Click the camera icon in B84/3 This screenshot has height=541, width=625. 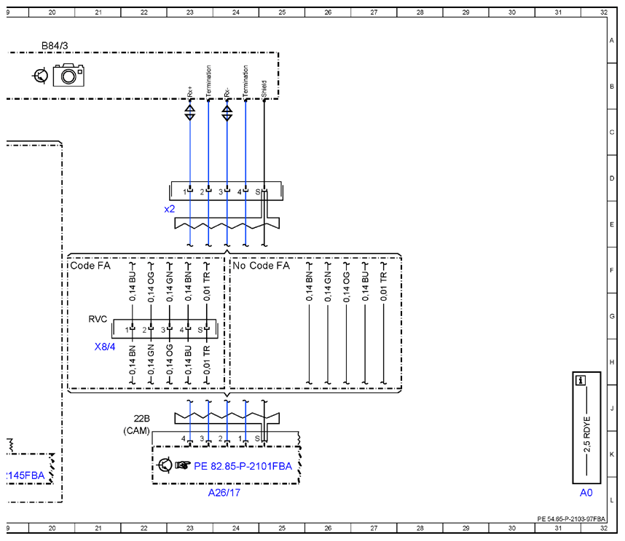68,74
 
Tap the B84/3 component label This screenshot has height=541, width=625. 55,46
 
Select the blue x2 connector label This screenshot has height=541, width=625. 170,209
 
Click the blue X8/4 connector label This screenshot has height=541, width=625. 105,347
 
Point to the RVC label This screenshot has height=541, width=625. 98,319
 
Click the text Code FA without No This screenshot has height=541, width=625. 90,266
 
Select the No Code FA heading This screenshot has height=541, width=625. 261,266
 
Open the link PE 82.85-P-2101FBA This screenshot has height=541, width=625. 243,466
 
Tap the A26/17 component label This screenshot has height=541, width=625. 224,493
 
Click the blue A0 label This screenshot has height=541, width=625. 586,493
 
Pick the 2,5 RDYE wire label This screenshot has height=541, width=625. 586,435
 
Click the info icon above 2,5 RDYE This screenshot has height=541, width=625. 581,381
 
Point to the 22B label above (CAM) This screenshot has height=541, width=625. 141,419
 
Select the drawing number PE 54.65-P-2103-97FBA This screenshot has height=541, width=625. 571,518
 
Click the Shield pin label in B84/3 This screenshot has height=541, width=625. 264,89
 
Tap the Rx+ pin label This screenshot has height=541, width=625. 189,92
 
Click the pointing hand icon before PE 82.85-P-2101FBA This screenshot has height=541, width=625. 183,465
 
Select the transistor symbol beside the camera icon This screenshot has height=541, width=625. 40,75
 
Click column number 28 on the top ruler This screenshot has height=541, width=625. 420,12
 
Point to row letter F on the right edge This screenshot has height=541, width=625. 611,271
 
